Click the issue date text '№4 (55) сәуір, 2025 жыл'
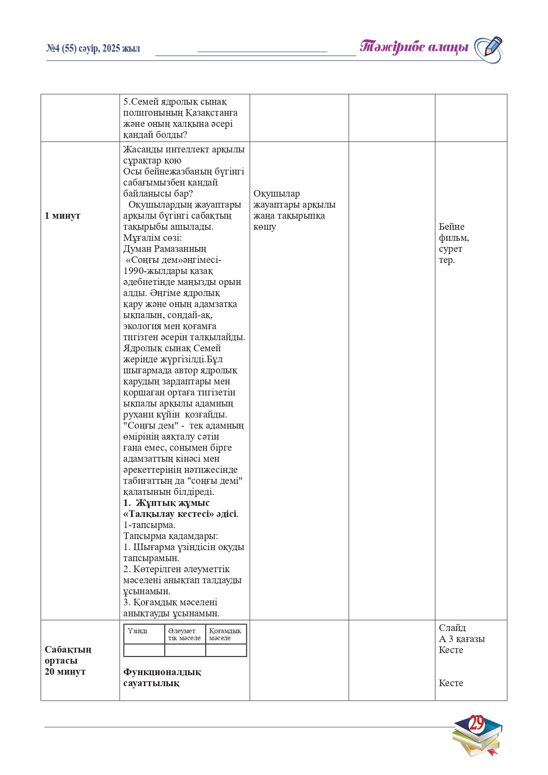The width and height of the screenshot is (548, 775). [93, 49]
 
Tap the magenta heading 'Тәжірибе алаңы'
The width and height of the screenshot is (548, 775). [414, 47]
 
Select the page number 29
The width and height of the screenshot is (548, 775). [476, 723]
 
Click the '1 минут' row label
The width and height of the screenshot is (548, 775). [62, 216]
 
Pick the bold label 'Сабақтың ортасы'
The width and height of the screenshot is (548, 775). [68, 655]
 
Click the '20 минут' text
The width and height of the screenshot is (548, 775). [65, 672]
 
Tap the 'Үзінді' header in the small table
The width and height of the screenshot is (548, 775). [137, 631]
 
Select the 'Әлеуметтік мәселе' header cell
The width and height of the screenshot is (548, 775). [185, 634]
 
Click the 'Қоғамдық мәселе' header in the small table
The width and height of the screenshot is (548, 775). [225, 634]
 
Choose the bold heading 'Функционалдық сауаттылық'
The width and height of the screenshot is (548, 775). [162, 677]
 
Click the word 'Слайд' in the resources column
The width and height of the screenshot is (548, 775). [452, 628]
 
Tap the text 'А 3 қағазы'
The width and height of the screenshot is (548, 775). [461, 639]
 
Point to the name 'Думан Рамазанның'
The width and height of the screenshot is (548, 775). [165, 249]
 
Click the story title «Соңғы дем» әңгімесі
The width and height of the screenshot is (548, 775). [173, 260]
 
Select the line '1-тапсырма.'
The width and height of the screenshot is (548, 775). [149, 525]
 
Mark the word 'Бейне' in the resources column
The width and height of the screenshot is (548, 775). [451, 227]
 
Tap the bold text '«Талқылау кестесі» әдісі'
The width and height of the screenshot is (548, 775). [180, 514]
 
